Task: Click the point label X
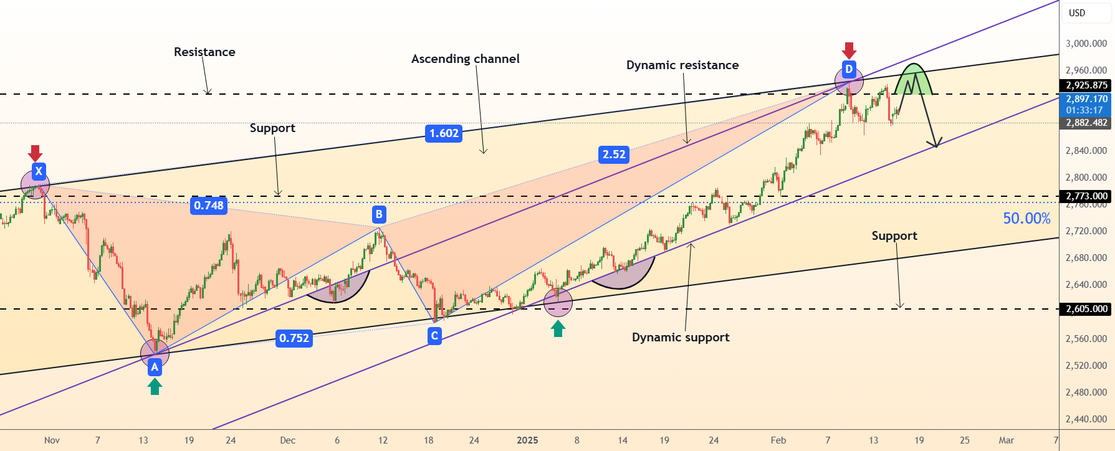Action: (x=39, y=171)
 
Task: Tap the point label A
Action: (x=155, y=367)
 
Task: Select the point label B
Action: (x=379, y=215)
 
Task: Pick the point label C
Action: (x=434, y=336)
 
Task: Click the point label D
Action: (x=849, y=69)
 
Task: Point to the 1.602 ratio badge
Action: (x=444, y=133)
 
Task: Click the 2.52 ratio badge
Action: (x=614, y=154)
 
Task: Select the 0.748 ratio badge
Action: (x=209, y=206)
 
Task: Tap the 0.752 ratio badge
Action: (x=294, y=338)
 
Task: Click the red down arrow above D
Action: (x=849, y=50)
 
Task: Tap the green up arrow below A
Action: (x=155, y=387)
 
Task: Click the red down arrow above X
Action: (x=36, y=153)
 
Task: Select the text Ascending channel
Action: (x=466, y=59)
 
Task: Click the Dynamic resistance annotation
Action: (x=682, y=65)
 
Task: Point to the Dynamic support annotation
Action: (x=681, y=337)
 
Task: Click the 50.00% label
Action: (x=1026, y=219)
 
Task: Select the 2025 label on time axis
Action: (x=527, y=440)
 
